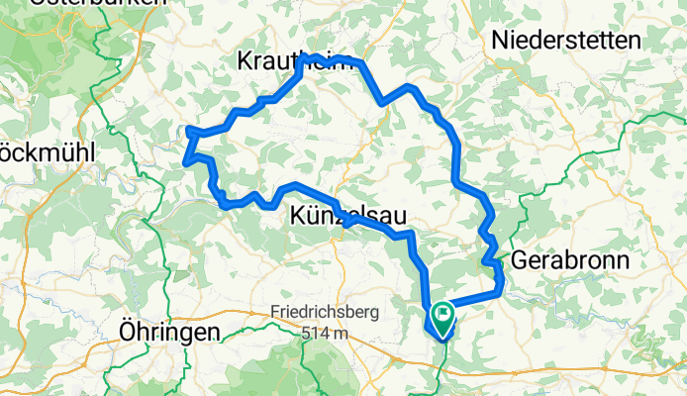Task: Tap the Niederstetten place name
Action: tap(566, 41)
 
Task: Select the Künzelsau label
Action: tap(347, 215)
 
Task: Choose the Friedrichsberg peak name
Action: tap(325, 313)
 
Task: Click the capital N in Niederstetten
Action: tap(500, 41)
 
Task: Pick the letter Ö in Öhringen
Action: tap(127, 332)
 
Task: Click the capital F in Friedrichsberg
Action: tap(274, 313)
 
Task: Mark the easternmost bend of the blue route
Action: tap(502, 282)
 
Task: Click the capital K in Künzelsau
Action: tap(299, 215)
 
